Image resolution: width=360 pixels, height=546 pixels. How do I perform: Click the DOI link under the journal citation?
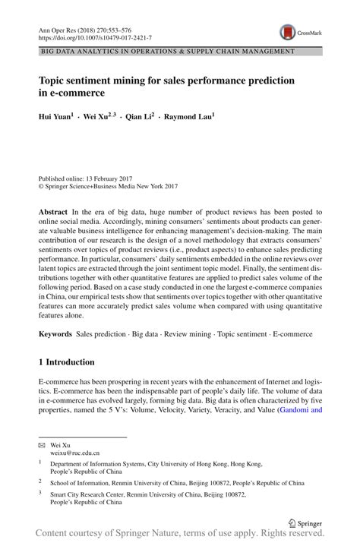pos(95,36)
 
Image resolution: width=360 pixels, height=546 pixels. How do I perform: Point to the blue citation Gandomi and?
pos(301,410)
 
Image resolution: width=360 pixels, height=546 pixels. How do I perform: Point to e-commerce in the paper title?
pos(79,93)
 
